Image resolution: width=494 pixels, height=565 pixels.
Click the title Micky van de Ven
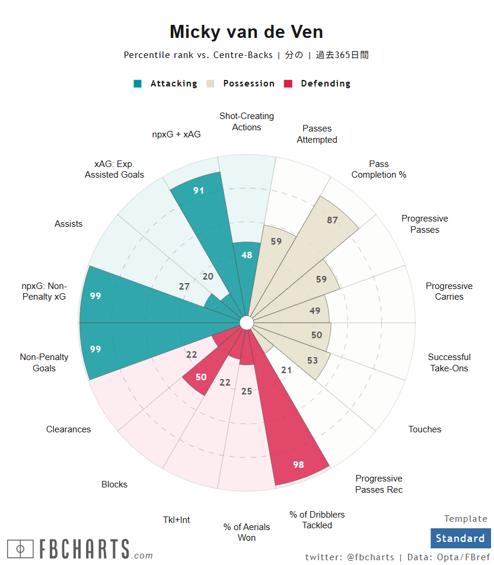point(247,32)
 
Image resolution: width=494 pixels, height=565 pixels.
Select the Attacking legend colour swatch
point(138,84)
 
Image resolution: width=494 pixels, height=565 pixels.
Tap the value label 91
point(199,191)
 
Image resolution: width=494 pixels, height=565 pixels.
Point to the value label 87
point(332,220)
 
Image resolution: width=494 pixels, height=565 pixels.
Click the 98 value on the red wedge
point(298,464)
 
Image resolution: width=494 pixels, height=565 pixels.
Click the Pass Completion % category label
point(379,169)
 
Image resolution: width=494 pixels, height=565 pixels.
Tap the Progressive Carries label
point(449,291)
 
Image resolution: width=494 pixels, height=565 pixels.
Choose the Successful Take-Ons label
point(449,362)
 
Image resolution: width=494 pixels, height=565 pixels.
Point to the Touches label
point(425,429)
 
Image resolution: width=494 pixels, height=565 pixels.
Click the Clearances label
point(69,429)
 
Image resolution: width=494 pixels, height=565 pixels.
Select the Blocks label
point(114,484)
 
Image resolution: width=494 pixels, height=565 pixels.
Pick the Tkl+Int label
point(177,520)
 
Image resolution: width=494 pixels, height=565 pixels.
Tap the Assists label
point(69,224)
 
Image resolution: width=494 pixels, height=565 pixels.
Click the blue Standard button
point(460,538)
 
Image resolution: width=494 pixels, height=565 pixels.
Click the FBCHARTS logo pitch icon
point(21,549)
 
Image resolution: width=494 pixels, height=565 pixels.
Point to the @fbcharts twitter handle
point(370,557)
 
